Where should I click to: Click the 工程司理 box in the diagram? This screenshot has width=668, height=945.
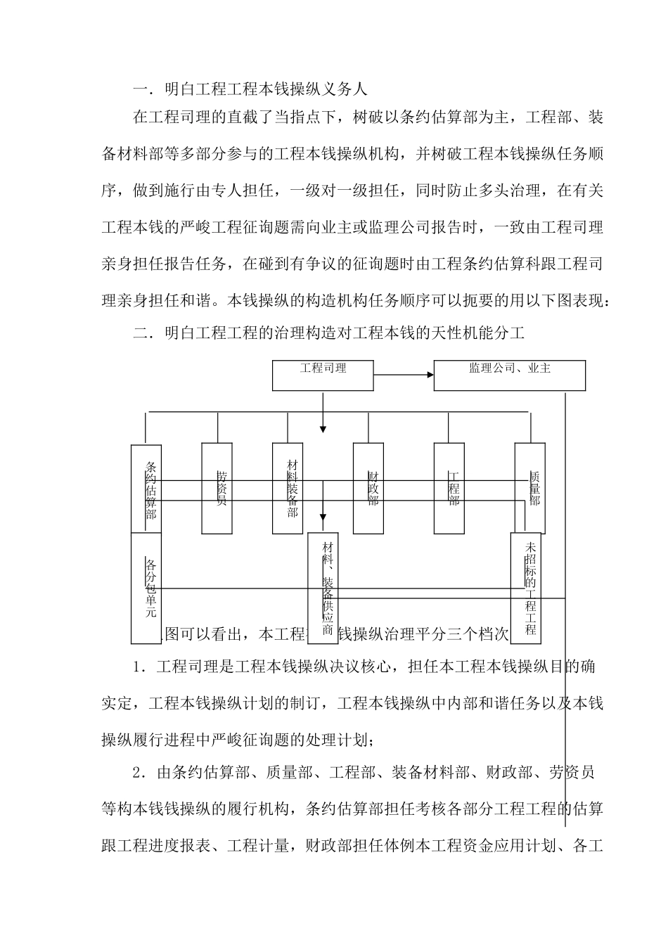[323, 375]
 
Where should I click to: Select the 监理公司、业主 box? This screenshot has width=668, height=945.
[509, 375]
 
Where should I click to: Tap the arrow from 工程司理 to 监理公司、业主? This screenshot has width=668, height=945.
[404, 375]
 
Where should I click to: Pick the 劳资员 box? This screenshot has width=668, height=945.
[217, 488]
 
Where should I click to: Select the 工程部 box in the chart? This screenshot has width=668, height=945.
[450, 488]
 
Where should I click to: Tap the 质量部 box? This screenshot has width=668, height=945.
[529, 488]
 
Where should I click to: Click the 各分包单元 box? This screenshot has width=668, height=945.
[146, 588]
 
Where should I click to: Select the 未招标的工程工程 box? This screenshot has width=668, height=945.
[526, 588]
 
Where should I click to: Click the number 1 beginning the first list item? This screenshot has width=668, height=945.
[136, 667]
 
